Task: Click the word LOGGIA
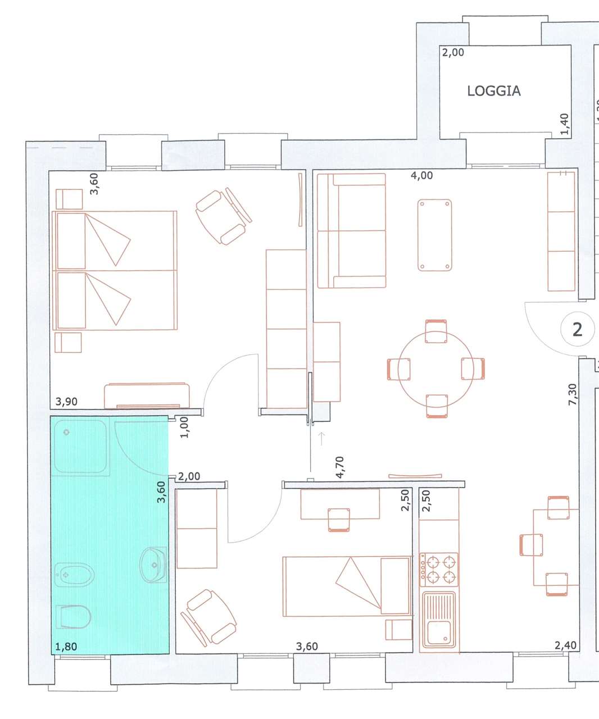point(493,91)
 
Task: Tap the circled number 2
point(577,329)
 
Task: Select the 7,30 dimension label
point(573,394)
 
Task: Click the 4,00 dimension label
point(421,175)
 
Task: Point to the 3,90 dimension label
point(66,401)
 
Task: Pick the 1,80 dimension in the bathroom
point(66,647)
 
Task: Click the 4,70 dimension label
point(339,467)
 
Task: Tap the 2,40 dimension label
point(565,645)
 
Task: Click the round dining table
point(435,369)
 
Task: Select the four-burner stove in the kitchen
point(439,570)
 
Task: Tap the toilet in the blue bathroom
point(73,616)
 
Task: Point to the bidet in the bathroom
point(74,575)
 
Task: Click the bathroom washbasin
point(153,565)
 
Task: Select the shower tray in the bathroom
point(80,446)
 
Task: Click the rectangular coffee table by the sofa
point(435,235)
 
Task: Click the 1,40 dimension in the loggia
point(565,124)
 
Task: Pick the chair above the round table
point(435,331)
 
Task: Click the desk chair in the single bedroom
point(339,520)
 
